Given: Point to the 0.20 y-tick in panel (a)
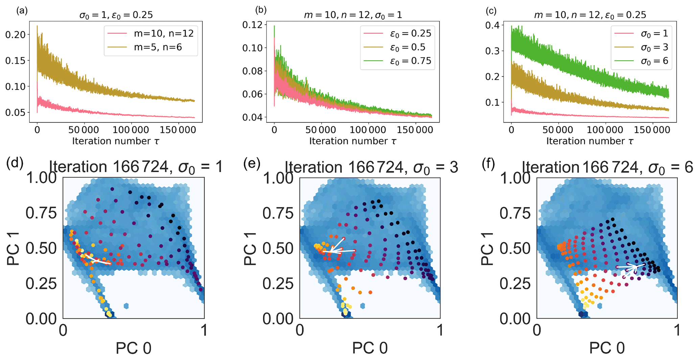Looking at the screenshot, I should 15,35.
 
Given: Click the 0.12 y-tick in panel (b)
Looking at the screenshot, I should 252,25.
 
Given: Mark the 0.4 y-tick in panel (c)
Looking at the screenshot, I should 493,25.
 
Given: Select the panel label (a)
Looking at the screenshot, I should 22,11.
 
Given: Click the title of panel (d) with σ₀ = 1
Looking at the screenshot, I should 136,167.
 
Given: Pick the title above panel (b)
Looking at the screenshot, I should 353,15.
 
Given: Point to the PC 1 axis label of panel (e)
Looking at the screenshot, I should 251,248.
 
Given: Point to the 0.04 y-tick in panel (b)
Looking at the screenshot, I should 252,118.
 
